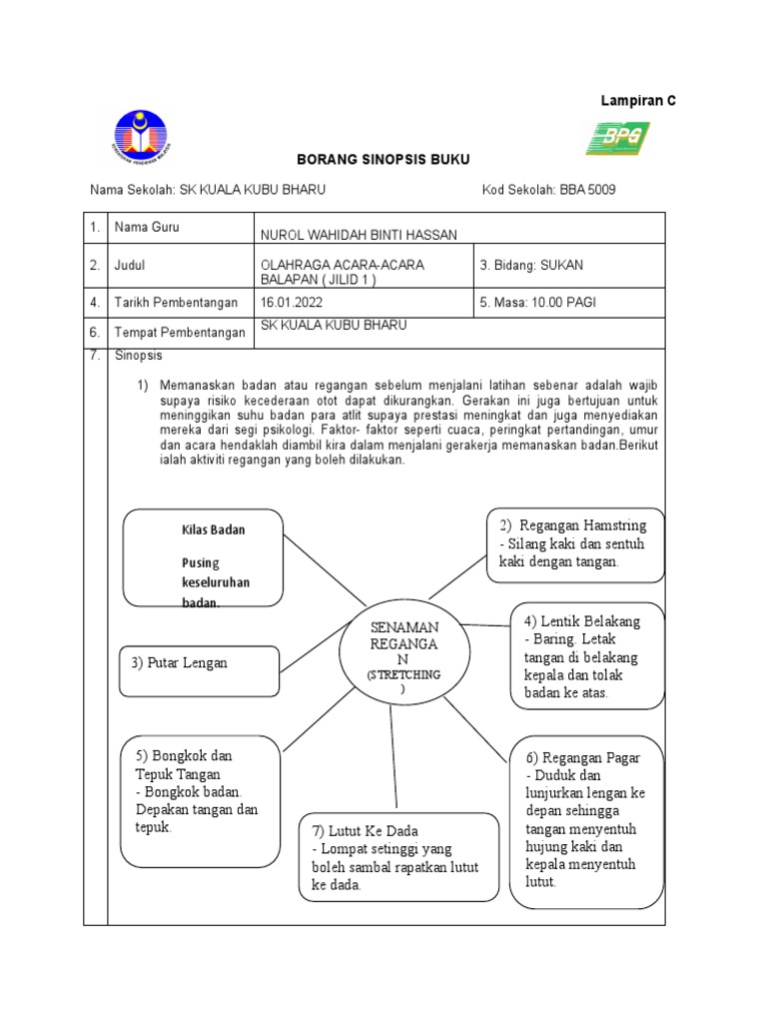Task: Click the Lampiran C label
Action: click(637, 101)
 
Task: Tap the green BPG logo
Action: click(617, 138)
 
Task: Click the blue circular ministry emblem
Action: click(141, 138)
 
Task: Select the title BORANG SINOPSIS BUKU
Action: click(383, 160)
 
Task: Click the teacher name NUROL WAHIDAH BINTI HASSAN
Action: click(358, 235)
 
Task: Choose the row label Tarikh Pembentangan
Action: click(177, 302)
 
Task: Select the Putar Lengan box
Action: click(200, 669)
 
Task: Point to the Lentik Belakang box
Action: click(587, 656)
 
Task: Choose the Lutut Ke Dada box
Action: click(398, 857)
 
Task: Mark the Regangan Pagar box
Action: click(585, 821)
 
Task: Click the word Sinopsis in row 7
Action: click(138, 356)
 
